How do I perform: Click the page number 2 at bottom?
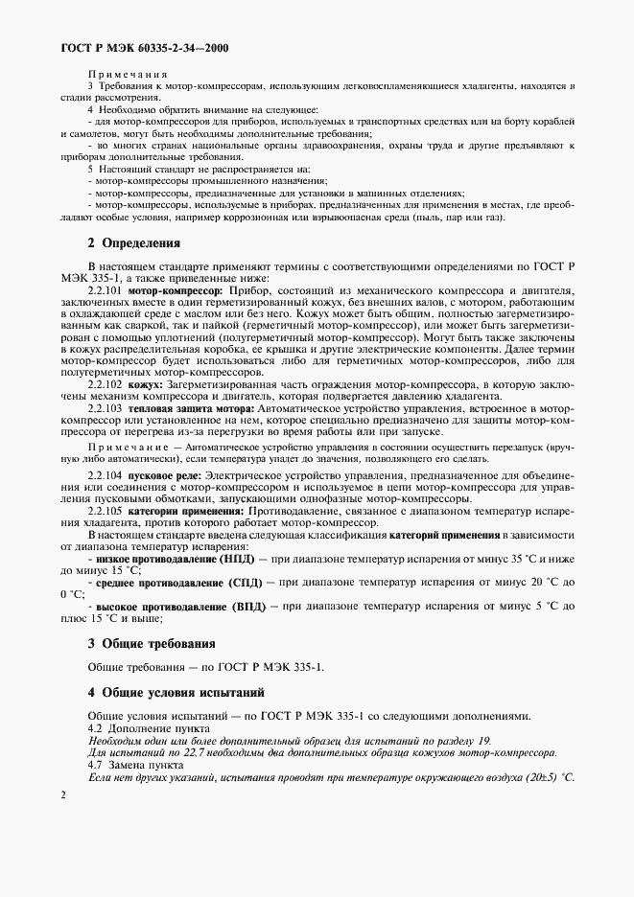pyautogui.click(x=62, y=794)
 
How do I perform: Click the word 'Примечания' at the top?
pyautogui.click(x=129, y=74)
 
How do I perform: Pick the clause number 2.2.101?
pyautogui.click(x=106, y=289)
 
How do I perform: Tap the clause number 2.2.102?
pyautogui.click(x=106, y=383)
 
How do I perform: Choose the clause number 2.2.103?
pyautogui.click(x=106, y=407)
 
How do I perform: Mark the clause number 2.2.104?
pyautogui.click(x=106, y=475)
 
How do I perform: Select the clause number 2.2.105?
pyautogui.click(x=106, y=511)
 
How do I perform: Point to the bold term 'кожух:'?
pyautogui.click(x=147, y=383)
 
